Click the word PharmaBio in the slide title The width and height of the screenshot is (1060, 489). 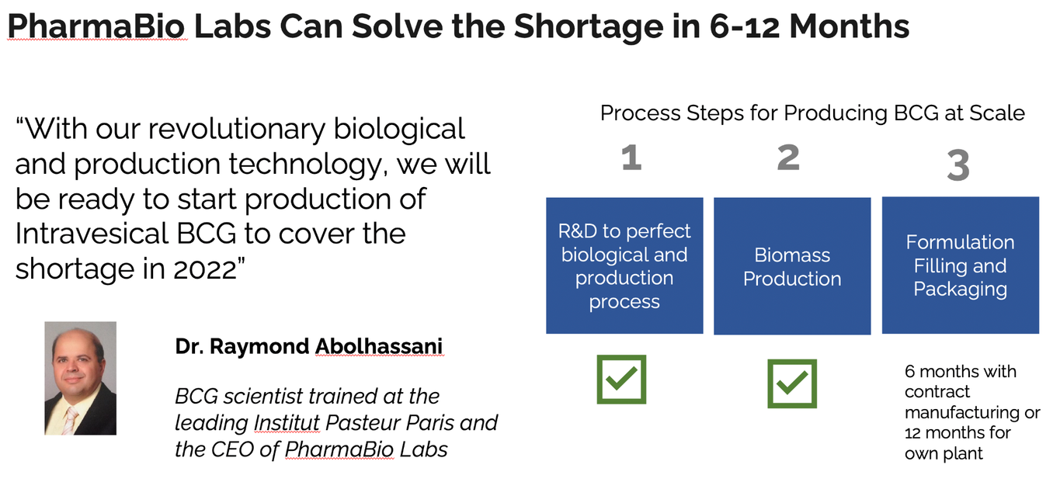pyautogui.click(x=96, y=26)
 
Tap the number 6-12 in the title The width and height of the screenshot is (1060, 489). pyautogui.click(x=745, y=26)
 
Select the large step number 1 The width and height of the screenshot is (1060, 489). pyautogui.click(x=631, y=158)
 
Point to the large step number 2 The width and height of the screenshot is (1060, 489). pyautogui.click(x=788, y=158)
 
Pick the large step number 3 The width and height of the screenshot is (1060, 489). pyautogui.click(x=958, y=165)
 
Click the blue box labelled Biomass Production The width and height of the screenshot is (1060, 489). pyautogui.click(x=792, y=266)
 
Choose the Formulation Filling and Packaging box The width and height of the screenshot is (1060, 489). pyautogui.click(x=960, y=265)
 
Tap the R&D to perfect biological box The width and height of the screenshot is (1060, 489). pyautogui.click(x=624, y=265)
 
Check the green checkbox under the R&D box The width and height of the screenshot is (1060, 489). pyautogui.click(x=621, y=380)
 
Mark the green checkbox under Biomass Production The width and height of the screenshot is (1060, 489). pyautogui.click(x=792, y=383)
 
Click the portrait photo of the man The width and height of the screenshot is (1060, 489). pyautogui.click(x=81, y=378)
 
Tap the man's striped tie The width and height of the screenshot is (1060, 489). pyautogui.click(x=71, y=421)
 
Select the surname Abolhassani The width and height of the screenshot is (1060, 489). pyautogui.click(x=379, y=346)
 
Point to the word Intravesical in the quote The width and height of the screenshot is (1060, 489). pyautogui.click(x=92, y=234)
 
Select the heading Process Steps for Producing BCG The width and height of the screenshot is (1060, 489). pyautogui.click(x=812, y=113)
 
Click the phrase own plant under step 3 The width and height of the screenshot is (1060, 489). pyautogui.click(x=944, y=453)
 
